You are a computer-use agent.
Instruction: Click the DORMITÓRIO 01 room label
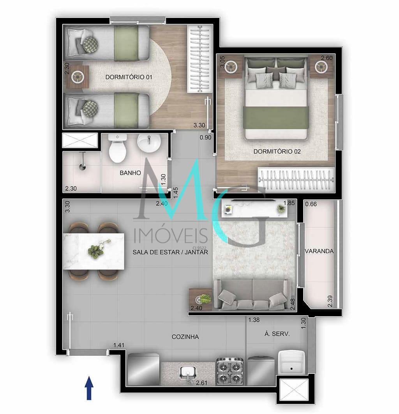[x=129, y=77]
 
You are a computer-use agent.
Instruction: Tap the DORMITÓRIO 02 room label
[x=277, y=152]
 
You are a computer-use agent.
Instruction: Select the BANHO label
[x=131, y=173]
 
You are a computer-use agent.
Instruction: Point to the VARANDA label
[x=319, y=251]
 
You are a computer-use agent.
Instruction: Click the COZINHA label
[x=185, y=337]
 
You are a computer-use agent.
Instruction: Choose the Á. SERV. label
[x=277, y=334]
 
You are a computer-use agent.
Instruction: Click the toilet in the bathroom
[x=118, y=148]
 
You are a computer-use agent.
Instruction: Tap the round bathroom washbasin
[x=149, y=143]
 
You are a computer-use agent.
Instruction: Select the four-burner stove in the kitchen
[x=230, y=371]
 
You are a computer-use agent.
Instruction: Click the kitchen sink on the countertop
[x=188, y=373]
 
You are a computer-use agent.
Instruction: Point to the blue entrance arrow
[x=89, y=388]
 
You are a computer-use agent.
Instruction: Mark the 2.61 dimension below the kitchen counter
[x=201, y=382]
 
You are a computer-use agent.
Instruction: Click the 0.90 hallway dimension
[x=205, y=137]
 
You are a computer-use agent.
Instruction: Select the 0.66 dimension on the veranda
[x=311, y=204]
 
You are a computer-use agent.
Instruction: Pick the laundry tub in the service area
[x=291, y=362]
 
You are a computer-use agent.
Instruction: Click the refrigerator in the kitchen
[x=143, y=369]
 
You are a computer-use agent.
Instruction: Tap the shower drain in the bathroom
[x=83, y=166]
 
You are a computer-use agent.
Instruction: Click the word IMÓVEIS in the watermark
[x=171, y=235]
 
